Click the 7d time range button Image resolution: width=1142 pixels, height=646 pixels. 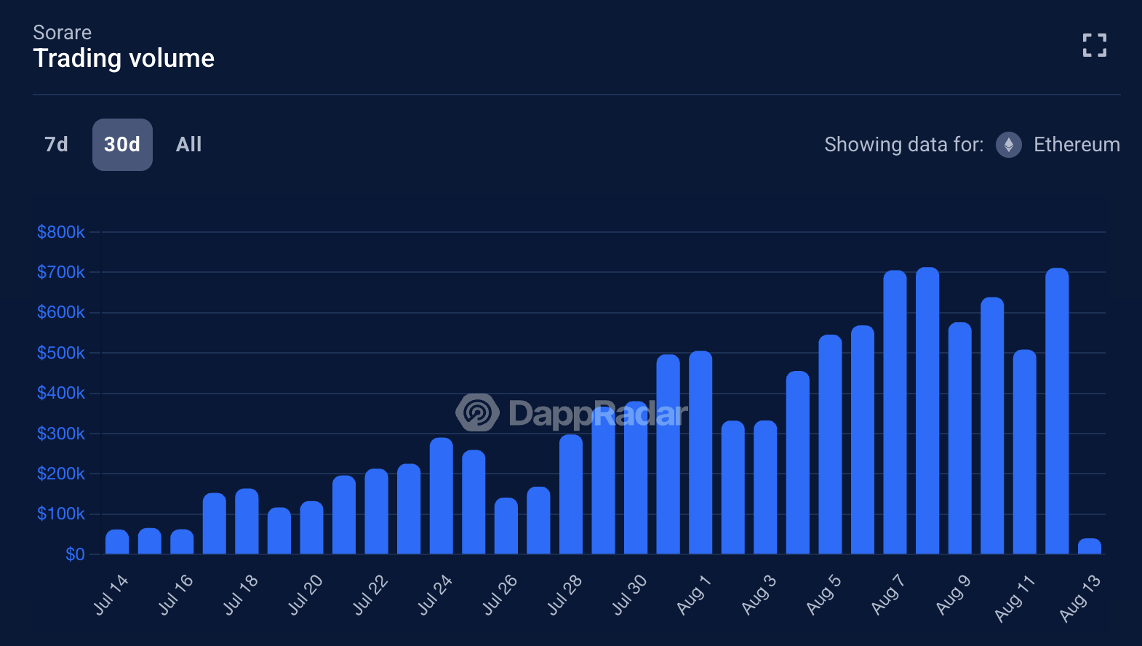56,145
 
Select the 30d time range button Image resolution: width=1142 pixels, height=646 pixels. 122,145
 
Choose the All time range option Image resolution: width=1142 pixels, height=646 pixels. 188,145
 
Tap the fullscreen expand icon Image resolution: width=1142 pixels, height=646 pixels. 1094,45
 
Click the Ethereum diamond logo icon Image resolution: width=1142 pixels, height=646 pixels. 1008,145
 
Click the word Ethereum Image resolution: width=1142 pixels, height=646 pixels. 1077,145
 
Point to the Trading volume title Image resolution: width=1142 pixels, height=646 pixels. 124,58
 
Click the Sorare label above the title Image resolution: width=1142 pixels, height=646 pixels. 63,33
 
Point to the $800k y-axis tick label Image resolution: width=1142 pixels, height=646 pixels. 61,232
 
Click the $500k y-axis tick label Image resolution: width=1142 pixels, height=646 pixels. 61,353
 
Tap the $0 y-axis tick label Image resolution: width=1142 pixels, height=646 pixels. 75,554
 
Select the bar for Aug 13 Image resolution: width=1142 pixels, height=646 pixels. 1089,546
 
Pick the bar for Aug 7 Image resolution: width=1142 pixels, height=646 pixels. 895,412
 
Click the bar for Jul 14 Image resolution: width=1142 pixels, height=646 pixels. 117,542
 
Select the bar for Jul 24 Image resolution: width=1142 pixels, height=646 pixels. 441,496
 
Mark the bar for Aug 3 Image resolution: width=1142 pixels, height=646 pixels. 765,487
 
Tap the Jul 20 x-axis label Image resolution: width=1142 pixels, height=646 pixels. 306,594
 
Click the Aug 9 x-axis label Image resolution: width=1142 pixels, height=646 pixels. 953,594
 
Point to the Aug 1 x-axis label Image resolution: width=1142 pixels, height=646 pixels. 693,594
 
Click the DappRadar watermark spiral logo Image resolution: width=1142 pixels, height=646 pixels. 477,412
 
